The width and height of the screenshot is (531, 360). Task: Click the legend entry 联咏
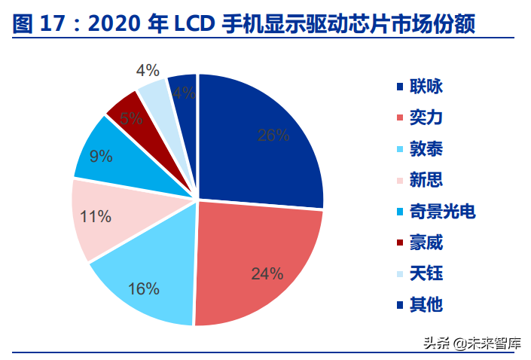pyautogui.click(x=426, y=87)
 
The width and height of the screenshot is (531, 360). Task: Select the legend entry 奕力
pyautogui.click(x=426, y=118)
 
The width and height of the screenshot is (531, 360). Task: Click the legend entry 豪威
pyautogui.click(x=426, y=243)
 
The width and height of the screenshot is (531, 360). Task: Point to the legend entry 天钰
pyautogui.click(x=426, y=273)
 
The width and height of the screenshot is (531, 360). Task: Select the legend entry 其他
pyautogui.click(x=426, y=304)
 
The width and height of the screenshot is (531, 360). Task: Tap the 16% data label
pyautogui.click(x=144, y=288)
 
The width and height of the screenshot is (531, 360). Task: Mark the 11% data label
pyautogui.click(x=96, y=217)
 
